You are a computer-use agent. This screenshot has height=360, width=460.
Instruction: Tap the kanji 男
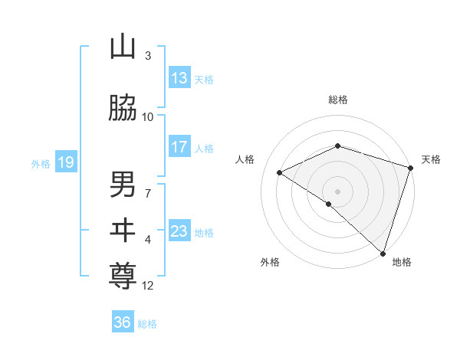[123, 185]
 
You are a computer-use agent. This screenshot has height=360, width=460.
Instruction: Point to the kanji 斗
[123, 231]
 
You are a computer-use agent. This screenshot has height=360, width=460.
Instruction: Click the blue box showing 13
[179, 79]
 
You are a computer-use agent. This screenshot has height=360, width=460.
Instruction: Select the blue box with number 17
[179, 147]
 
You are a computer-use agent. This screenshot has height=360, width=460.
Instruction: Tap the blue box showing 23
[179, 231]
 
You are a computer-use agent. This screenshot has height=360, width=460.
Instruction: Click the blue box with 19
[65, 162]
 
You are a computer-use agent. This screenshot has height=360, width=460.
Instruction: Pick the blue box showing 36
[123, 322]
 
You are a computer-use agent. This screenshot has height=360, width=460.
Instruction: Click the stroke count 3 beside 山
[148, 56]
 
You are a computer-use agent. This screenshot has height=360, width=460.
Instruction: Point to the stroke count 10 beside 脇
[148, 117]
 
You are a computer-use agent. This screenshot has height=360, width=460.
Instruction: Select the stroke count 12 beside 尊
[148, 286]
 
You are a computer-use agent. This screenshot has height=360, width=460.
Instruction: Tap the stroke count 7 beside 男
[148, 193]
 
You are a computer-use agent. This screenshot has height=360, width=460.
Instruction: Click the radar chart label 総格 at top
[338, 100]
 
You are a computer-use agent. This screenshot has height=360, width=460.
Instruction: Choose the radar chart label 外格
[270, 262]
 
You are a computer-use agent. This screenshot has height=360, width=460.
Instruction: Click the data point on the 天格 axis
[411, 168]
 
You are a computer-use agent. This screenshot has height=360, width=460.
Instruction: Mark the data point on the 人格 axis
[280, 173]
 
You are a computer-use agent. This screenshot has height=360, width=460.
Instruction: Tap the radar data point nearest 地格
[383, 253]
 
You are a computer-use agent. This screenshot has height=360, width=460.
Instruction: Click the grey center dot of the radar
[337, 191]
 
